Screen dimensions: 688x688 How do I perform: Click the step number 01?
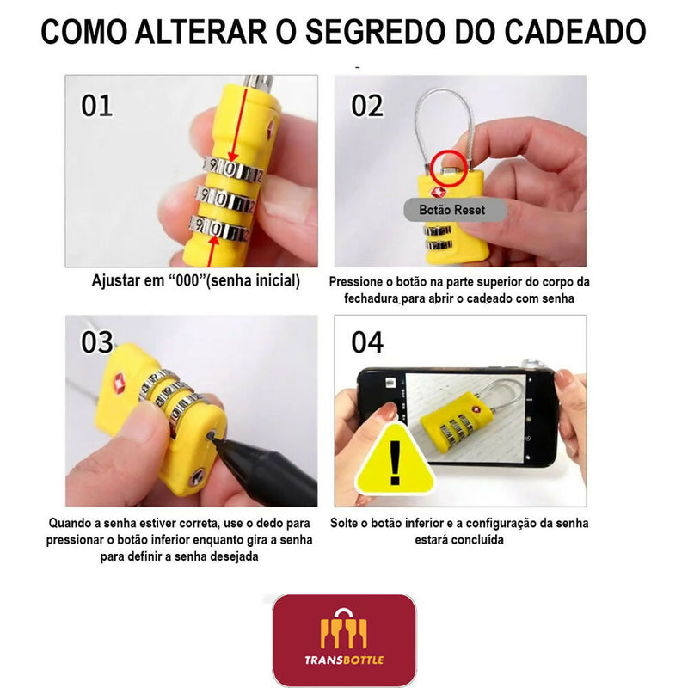click(96, 105)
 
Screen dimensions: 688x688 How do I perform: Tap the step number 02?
click(367, 105)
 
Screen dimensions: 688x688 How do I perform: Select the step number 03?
click(97, 342)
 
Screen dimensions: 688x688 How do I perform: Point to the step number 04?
click(367, 342)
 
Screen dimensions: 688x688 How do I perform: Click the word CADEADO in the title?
click(574, 32)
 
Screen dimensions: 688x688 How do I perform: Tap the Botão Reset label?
click(452, 210)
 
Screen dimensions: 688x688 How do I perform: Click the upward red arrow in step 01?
click(212, 251)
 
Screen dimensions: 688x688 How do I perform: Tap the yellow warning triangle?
click(395, 460)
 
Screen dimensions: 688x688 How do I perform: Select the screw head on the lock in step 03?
click(197, 476)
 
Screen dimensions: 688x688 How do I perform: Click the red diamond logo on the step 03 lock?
click(119, 382)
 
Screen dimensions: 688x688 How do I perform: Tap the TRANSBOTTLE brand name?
click(344, 660)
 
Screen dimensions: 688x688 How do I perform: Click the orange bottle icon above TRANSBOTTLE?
click(344, 629)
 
